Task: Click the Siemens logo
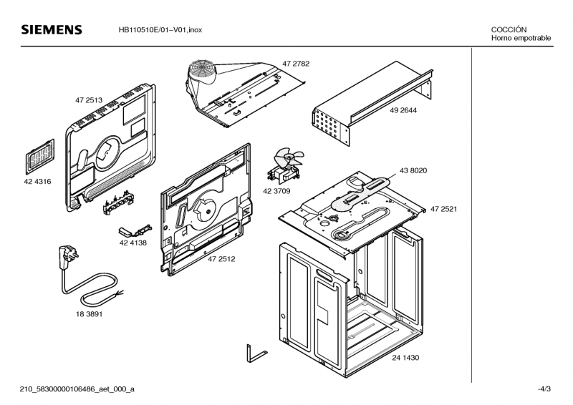[x=52, y=29]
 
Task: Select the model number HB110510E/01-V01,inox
[x=160, y=30]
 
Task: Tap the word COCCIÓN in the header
[x=509, y=29]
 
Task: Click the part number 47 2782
[x=296, y=64]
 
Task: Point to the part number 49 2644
[x=403, y=110]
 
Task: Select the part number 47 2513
[x=89, y=100]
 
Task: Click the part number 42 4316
[x=37, y=182]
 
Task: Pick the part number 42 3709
[x=276, y=191]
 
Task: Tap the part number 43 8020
[x=413, y=170]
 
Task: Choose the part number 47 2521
[x=443, y=209]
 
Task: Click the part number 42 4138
[x=133, y=243]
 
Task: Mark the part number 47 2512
[x=221, y=259]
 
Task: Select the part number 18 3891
[x=89, y=314]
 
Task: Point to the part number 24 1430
[x=405, y=358]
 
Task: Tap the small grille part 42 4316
[x=40, y=156]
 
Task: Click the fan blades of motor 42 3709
[x=289, y=157]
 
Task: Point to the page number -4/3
[x=544, y=389]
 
